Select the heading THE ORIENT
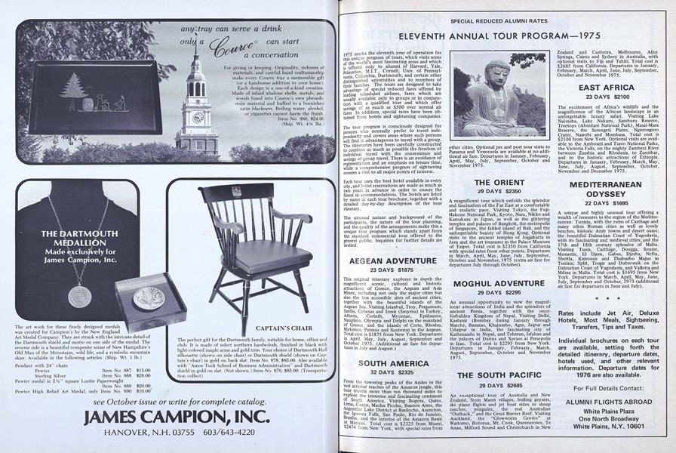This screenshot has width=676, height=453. click(x=500, y=183)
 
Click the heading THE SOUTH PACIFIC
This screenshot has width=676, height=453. click(x=501, y=375)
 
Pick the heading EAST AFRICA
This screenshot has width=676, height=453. click(x=607, y=88)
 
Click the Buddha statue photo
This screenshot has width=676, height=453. click(x=510, y=94)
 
